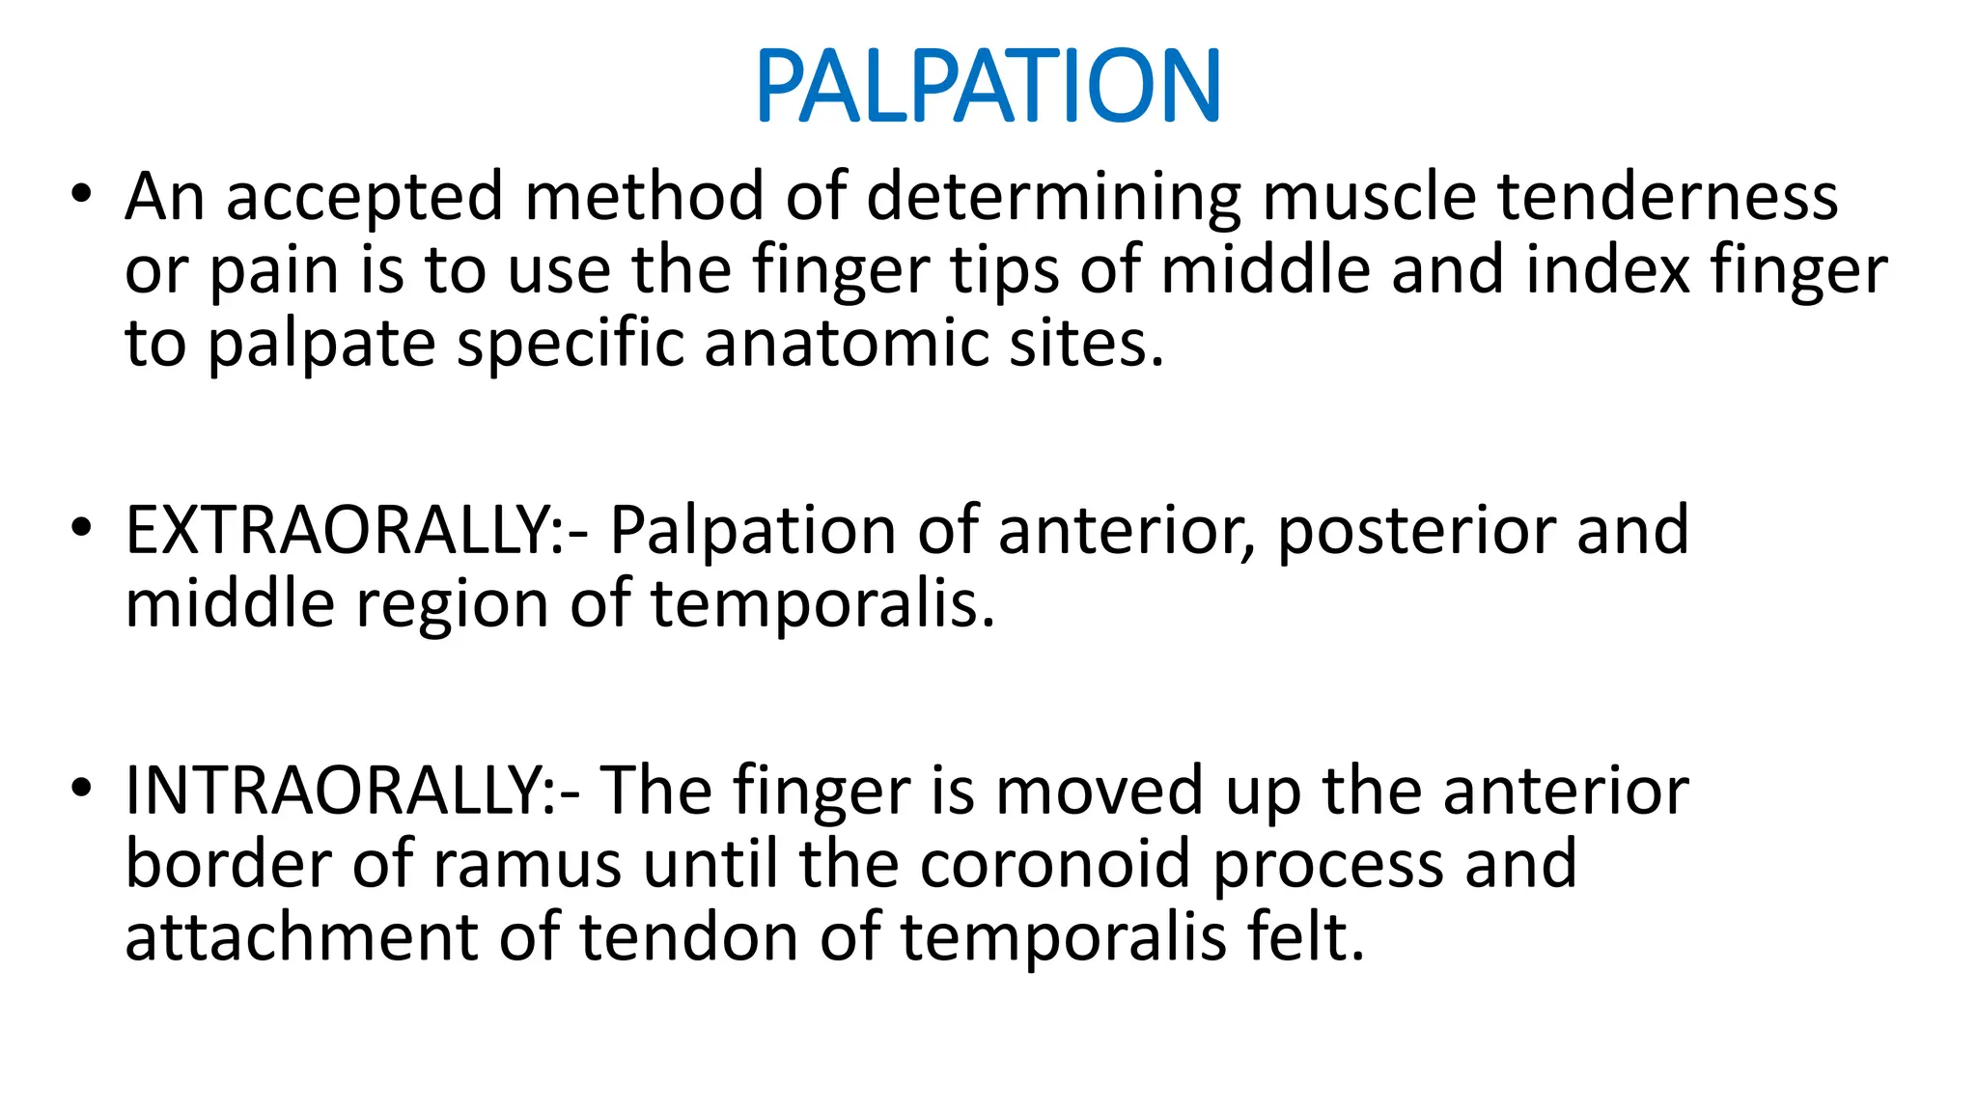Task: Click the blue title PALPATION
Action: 988,87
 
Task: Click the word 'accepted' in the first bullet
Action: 364,197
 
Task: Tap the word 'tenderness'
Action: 1667,197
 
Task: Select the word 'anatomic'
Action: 847,344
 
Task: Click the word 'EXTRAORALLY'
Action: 337,531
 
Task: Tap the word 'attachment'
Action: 301,938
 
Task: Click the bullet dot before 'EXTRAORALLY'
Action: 81,527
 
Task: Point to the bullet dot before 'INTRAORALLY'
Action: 81,788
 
